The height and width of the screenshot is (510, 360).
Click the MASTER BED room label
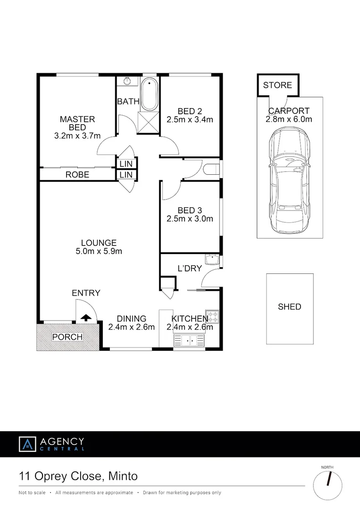coord(77,123)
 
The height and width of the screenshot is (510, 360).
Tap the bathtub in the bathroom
coord(150,94)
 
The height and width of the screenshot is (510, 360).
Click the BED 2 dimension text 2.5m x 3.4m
coord(190,120)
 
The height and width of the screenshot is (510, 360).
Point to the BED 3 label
coord(190,210)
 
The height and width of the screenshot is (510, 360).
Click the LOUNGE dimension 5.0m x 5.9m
coord(99,251)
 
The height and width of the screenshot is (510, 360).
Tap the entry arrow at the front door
coord(86,318)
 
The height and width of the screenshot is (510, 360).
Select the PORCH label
coord(67,337)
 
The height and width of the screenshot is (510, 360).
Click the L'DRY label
coord(190,268)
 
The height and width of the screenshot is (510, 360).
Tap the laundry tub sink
coord(211,259)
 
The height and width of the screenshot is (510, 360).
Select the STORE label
coord(277,85)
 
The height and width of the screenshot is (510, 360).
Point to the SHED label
coord(289,307)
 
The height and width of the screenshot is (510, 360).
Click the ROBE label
coord(77,175)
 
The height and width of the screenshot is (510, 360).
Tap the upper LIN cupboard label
coord(126,163)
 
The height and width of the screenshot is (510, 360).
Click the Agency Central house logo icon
coord(27,444)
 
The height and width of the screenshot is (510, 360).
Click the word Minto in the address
coord(123,476)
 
